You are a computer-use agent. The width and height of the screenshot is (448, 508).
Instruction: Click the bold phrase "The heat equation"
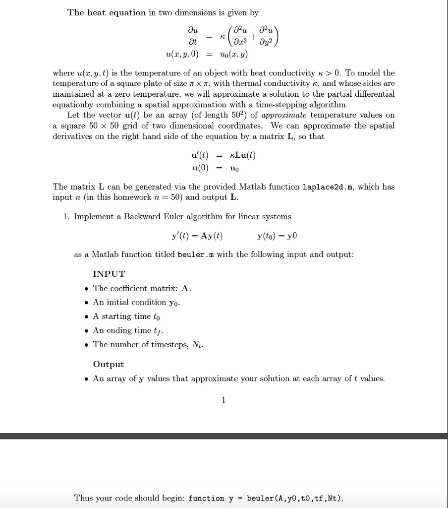pos(107,12)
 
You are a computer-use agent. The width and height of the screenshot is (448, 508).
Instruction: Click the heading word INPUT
pos(109,274)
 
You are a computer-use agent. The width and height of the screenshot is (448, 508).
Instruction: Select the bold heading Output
pos(108,364)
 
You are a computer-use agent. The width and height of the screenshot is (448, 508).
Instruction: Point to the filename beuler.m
pos(197,254)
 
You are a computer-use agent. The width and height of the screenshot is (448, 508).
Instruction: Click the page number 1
pos(224,400)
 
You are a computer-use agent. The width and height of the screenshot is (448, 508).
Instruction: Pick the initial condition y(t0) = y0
pos(277,236)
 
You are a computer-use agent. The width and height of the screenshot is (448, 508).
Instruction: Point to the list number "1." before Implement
pos(66,217)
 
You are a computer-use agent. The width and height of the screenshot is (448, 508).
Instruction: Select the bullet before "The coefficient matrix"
pos(87,289)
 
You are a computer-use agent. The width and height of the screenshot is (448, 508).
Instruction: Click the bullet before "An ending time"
pos(87,331)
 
